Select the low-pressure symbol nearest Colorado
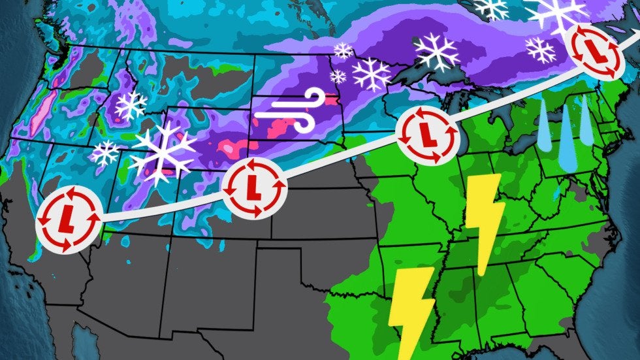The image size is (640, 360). click(254, 188)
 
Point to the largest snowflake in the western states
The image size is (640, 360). click(163, 152)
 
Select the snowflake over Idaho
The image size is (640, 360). click(131, 105)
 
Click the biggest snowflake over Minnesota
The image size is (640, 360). click(372, 74)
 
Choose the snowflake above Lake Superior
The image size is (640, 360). click(437, 52)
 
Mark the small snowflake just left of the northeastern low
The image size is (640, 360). click(540, 50)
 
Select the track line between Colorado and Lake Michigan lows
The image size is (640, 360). click(340, 162)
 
